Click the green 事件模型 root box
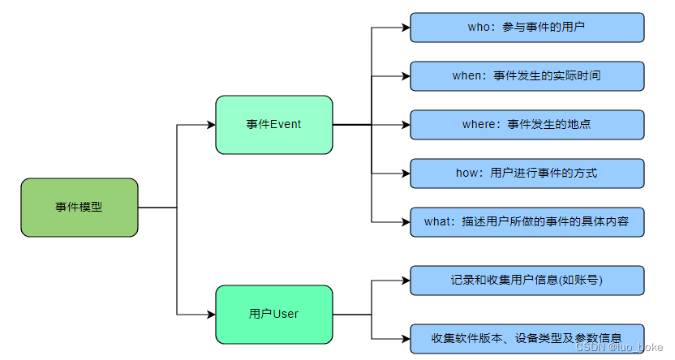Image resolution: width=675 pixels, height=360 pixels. (x=80, y=208)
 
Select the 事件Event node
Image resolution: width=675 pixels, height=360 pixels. (x=274, y=125)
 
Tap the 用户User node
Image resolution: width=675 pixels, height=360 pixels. (x=274, y=314)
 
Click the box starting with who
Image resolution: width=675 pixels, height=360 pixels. (x=527, y=28)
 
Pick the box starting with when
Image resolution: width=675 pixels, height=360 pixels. (x=527, y=76)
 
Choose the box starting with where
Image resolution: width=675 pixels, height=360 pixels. (x=527, y=125)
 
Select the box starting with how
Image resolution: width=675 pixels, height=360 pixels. (x=527, y=174)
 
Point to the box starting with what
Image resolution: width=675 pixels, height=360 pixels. (x=527, y=221)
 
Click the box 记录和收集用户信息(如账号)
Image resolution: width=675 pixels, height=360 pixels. (x=527, y=281)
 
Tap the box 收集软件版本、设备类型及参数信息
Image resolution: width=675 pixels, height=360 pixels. (x=527, y=338)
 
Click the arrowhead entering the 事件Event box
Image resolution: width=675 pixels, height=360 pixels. (x=210, y=125)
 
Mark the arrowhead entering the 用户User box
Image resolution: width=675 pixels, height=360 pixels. (x=210, y=314)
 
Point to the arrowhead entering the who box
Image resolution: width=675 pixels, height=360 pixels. (x=405, y=28)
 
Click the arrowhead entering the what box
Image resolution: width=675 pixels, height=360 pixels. (x=405, y=221)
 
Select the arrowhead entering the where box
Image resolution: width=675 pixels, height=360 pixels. (x=405, y=125)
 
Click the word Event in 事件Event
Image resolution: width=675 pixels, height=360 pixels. (x=286, y=125)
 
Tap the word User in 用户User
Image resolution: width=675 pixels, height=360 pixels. (x=286, y=314)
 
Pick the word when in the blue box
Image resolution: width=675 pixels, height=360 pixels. (x=467, y=76)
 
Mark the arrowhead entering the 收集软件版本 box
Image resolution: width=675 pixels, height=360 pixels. (x=405, y=338)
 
